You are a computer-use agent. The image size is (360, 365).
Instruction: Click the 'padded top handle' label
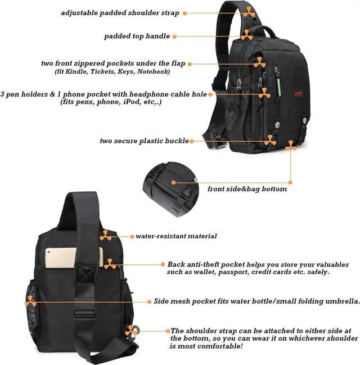pyautogui.click(x=137, y=36)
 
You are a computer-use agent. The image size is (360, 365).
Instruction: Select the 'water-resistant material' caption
pyautogui.click(x=176, y=236)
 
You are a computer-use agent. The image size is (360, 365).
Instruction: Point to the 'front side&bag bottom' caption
pyautogui.click(x=247, y=189)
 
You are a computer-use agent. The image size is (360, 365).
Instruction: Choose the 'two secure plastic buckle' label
pyautogui.click(x=144, y=141)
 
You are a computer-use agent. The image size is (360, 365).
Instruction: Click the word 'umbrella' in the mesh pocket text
pyautogui.click(x=339, y=301)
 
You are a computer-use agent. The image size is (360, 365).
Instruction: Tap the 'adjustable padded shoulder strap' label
pyautogui.click(x=120, y=12)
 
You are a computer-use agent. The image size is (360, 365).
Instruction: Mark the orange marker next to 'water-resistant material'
pyautogui.click(x=106, y=235)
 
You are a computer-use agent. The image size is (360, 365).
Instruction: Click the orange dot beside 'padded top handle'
pyautogui.click(x=175, y=37)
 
